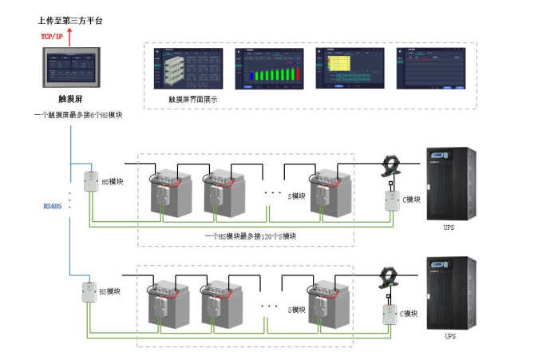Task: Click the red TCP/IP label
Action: pos(51,37)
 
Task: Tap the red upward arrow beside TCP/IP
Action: pos(69,36)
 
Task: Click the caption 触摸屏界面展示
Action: pos(192,100)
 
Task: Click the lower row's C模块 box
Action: pos(390,314)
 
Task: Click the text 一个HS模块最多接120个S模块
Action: pos(250,236)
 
